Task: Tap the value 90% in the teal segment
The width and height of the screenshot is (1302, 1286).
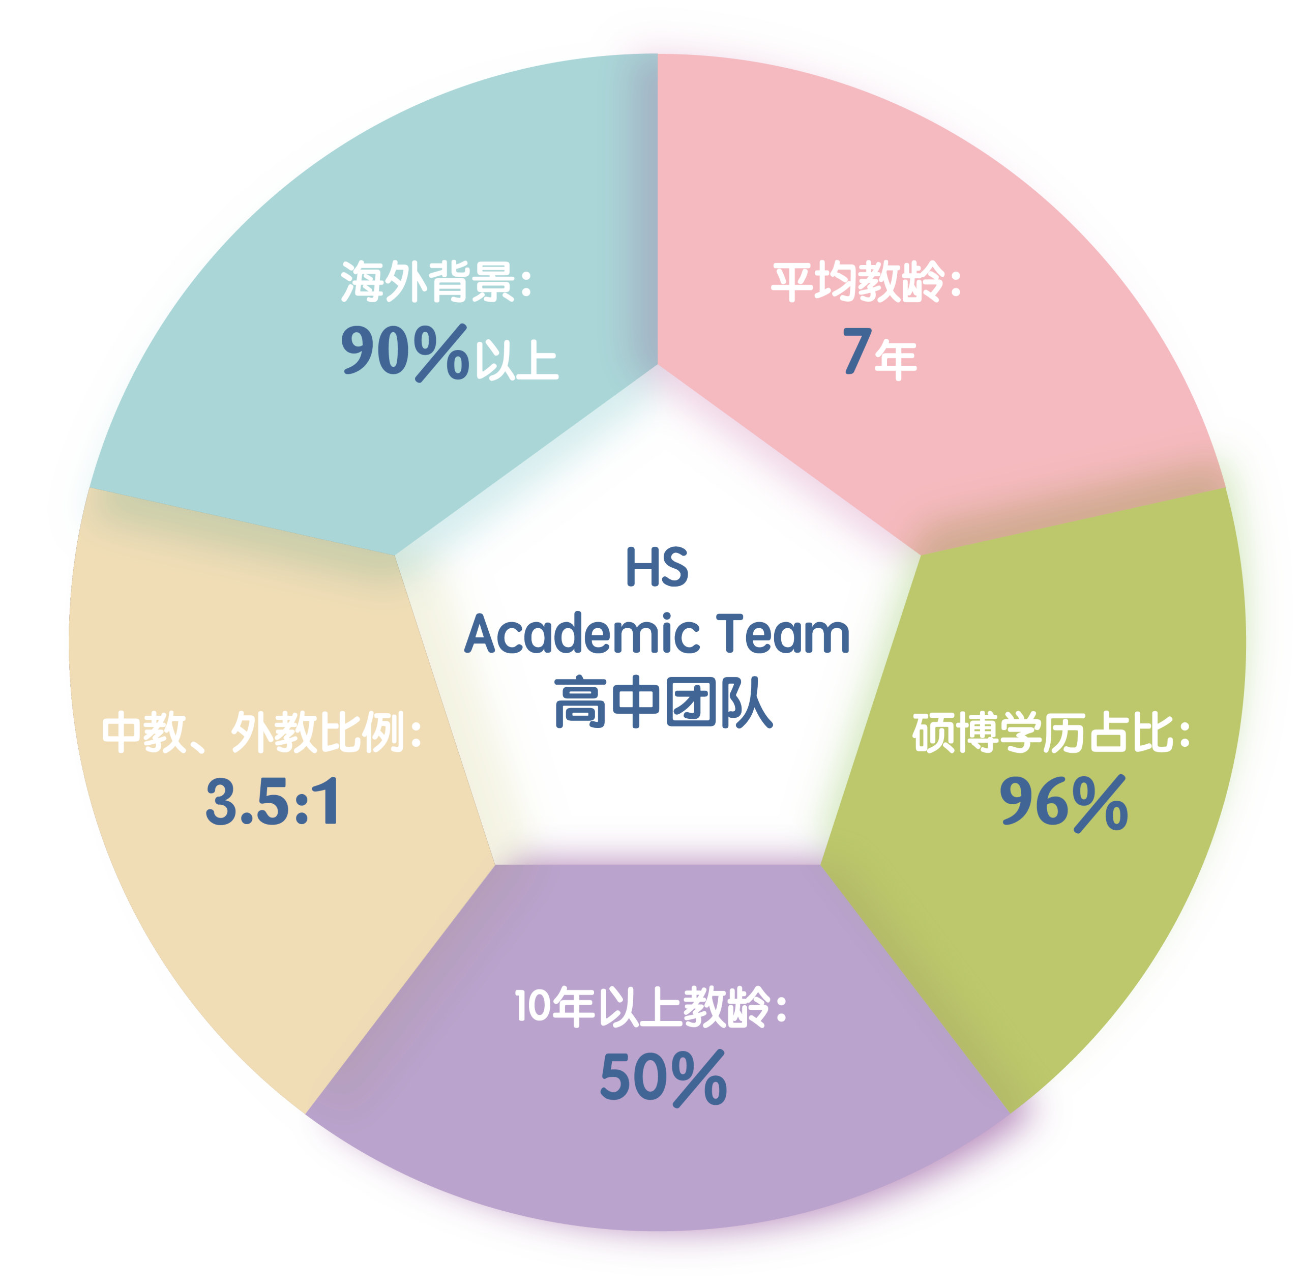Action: click(x=405, y=353)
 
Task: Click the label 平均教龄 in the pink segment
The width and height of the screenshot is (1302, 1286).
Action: click(x=857, y=282)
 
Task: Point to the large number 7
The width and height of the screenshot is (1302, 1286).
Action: click(x=857, y=350)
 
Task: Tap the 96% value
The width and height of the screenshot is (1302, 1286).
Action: click(x=1063, y=803)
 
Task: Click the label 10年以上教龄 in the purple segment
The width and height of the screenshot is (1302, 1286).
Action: click(x=641, y=1007)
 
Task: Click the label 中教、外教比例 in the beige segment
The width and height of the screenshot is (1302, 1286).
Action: click(x=253, y=732)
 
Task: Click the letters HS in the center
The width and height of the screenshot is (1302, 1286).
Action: click(x=657, y=567)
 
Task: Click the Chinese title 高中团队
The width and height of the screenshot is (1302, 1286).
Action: click(x=663, y=703)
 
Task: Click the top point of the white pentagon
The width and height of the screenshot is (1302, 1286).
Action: click(x=657, y=365)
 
